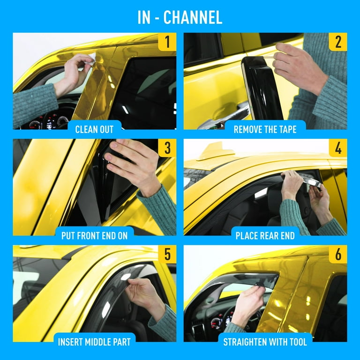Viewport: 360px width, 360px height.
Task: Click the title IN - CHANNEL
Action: (180, 17)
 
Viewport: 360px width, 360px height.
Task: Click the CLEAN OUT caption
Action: (94, 129)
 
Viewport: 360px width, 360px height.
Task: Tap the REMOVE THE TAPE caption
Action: (265, 129)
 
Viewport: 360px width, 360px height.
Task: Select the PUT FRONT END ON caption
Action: (94, 235)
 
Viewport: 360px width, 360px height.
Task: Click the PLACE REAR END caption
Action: (265, 235)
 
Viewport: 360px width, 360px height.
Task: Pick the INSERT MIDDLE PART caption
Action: (94, 342)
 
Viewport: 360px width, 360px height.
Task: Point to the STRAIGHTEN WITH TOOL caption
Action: (265, 342)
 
